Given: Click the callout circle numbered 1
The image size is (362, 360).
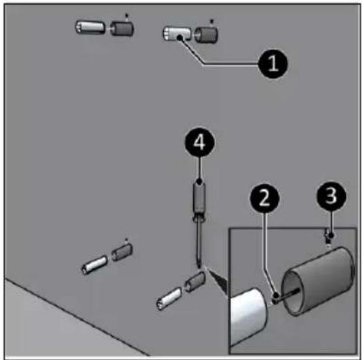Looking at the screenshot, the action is coord(273,64).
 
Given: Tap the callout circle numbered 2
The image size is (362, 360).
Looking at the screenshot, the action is coord(265,199).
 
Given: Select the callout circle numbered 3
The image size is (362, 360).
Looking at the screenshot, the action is coord(331,196).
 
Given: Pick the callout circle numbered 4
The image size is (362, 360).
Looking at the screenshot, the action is coord(200,142).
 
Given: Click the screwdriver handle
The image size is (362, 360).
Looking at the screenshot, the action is coord(199,201).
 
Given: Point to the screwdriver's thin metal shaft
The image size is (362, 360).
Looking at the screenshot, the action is coord(199,244).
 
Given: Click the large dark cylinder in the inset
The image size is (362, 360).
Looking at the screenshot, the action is coord(319,281).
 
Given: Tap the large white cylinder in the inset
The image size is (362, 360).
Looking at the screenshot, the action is coord(249,316).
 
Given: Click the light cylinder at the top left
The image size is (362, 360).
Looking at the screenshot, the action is coord(90,28).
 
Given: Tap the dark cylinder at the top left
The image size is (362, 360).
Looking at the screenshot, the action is coord(122,28).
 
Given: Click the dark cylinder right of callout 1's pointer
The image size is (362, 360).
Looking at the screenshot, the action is coord(206,35).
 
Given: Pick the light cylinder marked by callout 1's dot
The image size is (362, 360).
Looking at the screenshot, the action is coord(177,34).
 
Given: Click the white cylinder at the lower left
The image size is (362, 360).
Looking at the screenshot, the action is coord(95,265).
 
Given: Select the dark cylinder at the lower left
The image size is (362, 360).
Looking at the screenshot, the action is coord(122,252).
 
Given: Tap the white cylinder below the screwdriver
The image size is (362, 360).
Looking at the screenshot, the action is coord(169,298).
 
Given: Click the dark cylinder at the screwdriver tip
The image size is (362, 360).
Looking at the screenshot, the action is coord(195,281).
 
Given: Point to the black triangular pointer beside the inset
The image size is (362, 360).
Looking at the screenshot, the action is coord(218,282).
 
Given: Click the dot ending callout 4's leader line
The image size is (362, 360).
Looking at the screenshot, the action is coord(199,181).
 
